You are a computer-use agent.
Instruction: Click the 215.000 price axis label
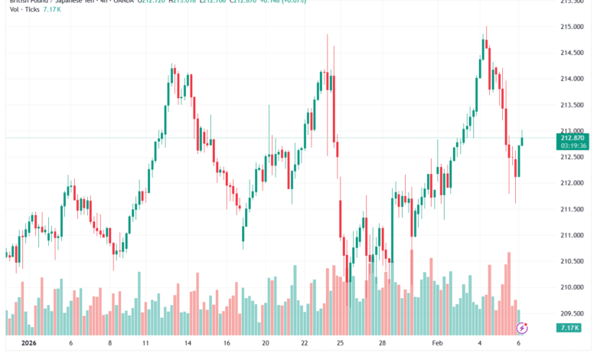pyautogui.click(x=572, y=27)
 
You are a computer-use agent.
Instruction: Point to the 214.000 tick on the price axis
pyautogui.click(x=572, y=79)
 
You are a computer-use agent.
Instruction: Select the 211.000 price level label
pyautogui.click(x=572, y=236)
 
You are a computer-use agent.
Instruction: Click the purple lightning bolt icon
pyautogui.click(x=522, y=328)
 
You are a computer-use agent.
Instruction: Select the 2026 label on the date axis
pyautogui.click(x=30, y=345)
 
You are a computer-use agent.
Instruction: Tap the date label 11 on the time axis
pyautogui.click(x=147, y=345)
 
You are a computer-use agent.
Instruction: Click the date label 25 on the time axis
pyautogui.click(x=341, y=345)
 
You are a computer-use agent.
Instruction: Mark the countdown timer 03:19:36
pyautogui.click(x=573, y=145)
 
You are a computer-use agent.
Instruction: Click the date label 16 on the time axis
pyautogui.click(x=226, y=345)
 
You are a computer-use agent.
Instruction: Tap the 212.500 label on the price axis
pyautogui.click(x=572, y=157)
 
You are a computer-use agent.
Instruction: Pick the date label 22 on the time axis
pyautogui.click(x=305, y=345)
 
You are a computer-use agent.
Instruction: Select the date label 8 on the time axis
pyautogui.click(x=110, y=345)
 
